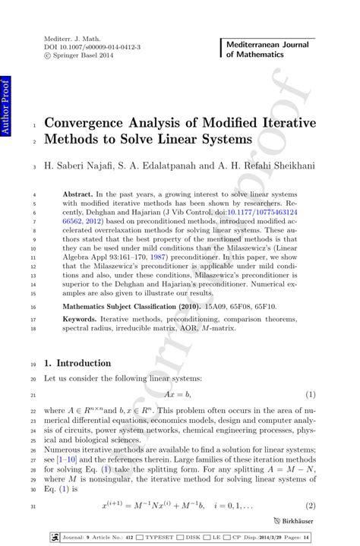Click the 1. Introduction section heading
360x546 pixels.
pos(78,363)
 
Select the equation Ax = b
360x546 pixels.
pos(178,396)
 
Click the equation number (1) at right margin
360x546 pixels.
pos(310,396)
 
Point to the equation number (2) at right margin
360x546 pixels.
pos(310,505)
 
